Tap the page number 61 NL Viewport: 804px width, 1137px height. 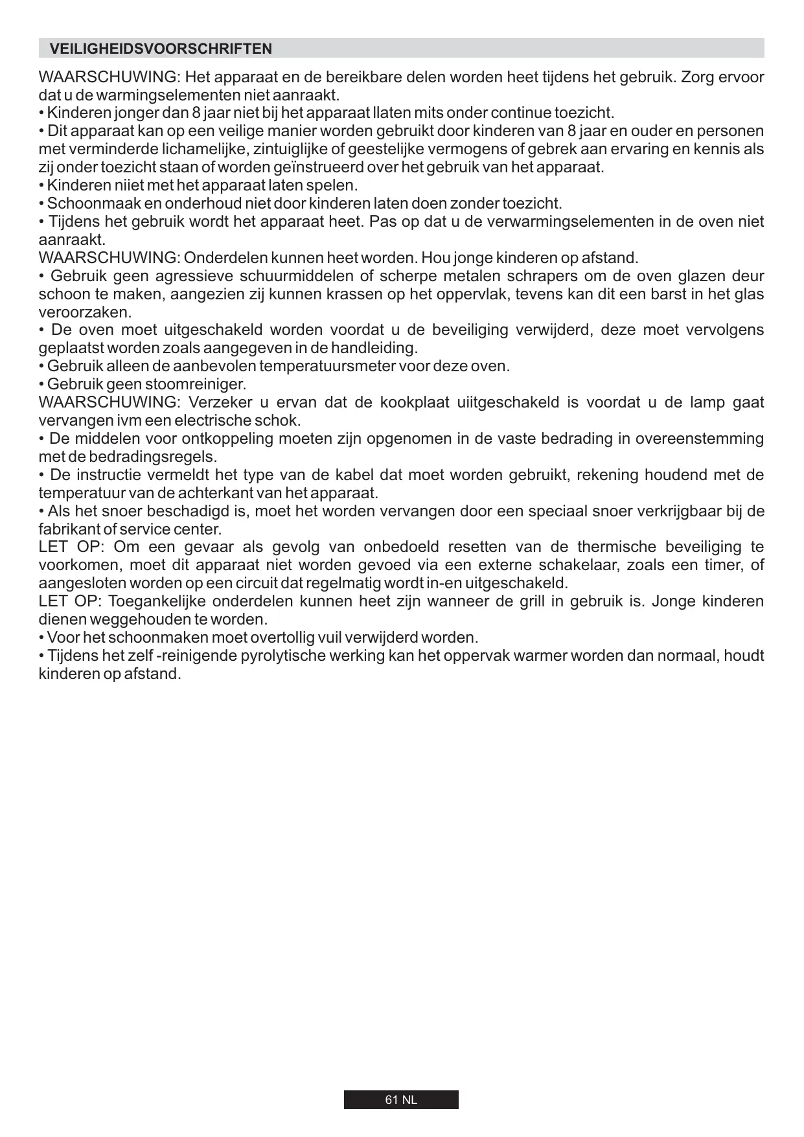pyautogui.click(x=401, y=1100)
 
